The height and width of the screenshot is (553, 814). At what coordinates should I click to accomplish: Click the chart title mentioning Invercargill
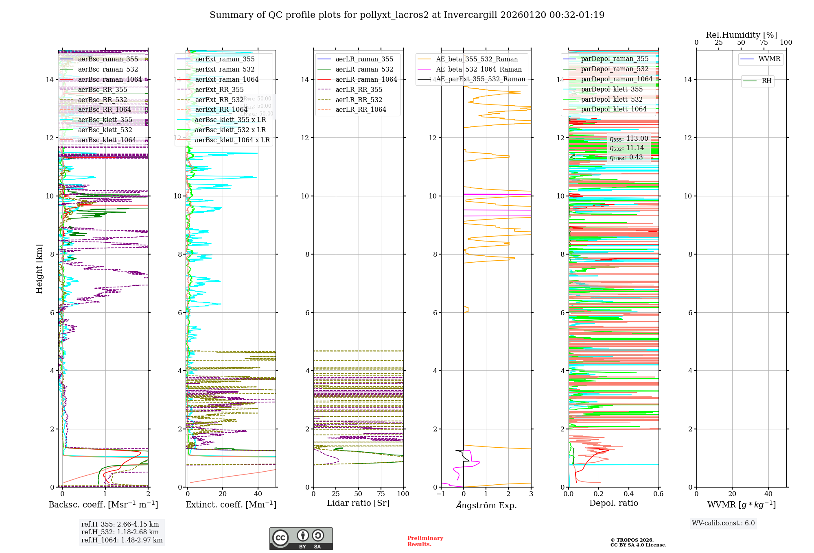[x=407, y=15]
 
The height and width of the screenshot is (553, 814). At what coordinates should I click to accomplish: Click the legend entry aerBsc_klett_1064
[x=107, y=140]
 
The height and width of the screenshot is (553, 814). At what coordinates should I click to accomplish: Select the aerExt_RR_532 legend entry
[x=219, y=100]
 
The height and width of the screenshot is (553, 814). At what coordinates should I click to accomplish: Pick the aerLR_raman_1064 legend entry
[x=366, y=79]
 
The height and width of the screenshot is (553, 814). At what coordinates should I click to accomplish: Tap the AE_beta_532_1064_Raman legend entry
[x=478, y=69]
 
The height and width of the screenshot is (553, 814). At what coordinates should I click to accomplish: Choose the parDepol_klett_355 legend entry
[x=611, y=89]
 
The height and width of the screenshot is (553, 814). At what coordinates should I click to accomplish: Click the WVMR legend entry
[x=769, y=59]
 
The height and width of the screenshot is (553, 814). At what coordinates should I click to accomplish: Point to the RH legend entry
[x=766, y=81]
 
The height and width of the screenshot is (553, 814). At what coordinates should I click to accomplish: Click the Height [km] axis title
[x=39, y=269]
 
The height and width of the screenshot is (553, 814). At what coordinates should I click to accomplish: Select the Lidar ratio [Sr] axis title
[x=358, y=503]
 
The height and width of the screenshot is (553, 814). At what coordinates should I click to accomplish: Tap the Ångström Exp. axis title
[x=486, y=505]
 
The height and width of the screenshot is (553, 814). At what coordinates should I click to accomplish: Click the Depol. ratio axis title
[x=613, y=503]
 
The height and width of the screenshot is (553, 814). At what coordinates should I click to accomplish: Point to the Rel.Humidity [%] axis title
[x=741, y=35]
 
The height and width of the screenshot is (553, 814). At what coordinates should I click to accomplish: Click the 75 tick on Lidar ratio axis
[x=381, y=494]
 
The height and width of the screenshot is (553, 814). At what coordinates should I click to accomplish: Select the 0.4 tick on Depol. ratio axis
[x=628, y=494]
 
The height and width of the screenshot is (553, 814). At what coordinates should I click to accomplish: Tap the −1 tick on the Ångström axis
[x=441, y=494]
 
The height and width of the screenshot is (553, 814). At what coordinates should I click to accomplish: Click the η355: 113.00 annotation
[x=629, y=139]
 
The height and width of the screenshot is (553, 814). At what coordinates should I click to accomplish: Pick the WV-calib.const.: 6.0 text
[x=723, y=523]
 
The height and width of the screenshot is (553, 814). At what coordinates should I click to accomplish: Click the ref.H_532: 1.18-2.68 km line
[x=120, y=532]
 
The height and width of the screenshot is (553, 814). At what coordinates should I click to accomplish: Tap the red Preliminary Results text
[x=425, y=541]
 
